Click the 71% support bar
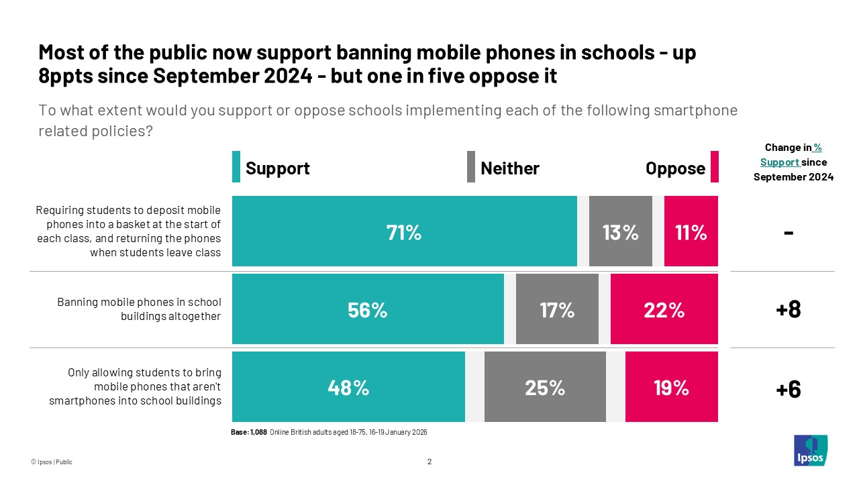[x=404, y=231]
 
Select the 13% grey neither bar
[x=620, y=231]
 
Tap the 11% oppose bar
[x=691, y=231]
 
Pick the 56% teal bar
[x=368, y=309]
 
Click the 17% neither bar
[x=557, y=309]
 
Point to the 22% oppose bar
[x=664, y=309]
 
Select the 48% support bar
[x=348, y=387]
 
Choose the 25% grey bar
[x=544, y=387]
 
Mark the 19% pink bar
[x=671, y=387]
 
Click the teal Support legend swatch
[x=236, y=167]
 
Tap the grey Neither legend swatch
[x=470, y=167]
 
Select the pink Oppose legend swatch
[x=714, y=167]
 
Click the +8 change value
[x=788, y=309]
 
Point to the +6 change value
[x=788, y=388]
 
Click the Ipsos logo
[x=810, y=450]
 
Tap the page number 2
[x=429, y=462]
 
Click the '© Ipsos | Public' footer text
[x=51, y=462]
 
